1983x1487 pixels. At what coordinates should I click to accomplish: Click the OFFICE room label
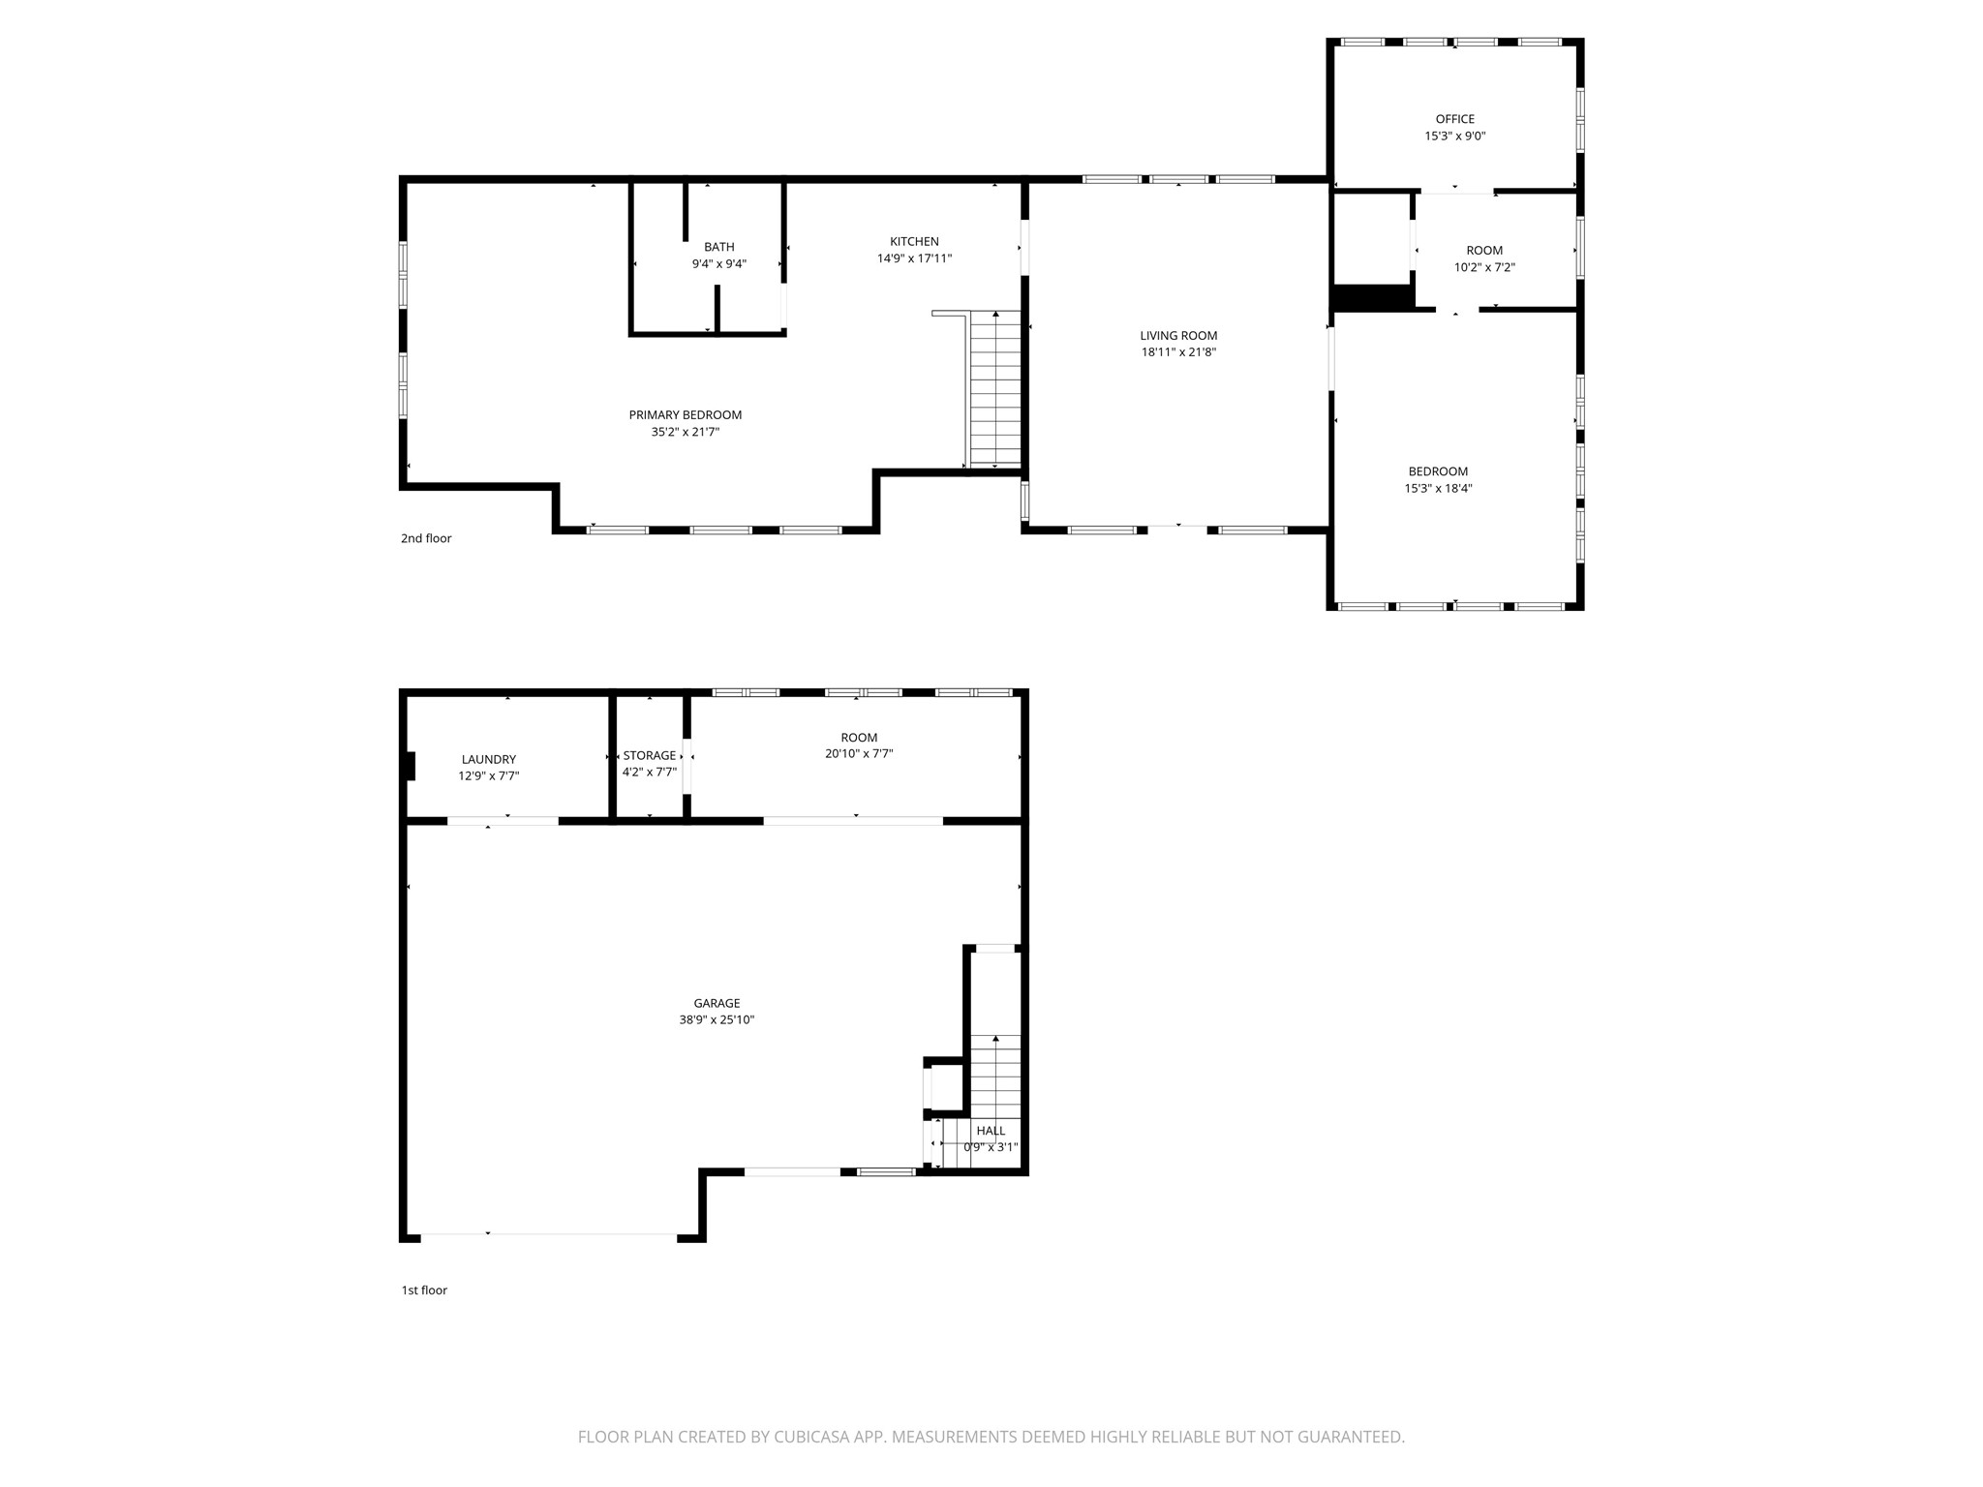(x=1455, y=119)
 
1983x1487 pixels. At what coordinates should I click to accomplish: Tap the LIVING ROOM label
(x=1178, y=336)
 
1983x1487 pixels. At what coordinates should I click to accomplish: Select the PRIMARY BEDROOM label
(x=686, y=415)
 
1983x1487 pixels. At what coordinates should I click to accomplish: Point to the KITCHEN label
(x=915, y=242)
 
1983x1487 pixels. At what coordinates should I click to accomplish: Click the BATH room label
(x=719, y=247)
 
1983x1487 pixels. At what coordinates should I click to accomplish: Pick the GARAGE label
(x=717, y=1004)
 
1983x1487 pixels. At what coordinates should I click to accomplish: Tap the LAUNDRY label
(x=489, y=760)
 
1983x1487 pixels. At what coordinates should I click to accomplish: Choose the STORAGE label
(x=650, y=756)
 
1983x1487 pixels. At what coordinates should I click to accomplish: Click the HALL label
(x=991, y=1131)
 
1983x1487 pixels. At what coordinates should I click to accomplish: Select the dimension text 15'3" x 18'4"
(x=1439, y=489)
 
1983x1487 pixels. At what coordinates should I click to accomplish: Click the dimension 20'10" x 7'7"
(x=852, y=753)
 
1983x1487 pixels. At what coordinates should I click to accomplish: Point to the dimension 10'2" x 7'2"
(x=1484, y=267)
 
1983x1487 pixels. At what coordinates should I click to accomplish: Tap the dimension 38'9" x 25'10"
(x=717, y=1020)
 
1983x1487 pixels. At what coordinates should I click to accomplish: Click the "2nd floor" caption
(x=426, y=538)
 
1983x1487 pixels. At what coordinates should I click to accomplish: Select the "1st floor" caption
(x=424, y=1290)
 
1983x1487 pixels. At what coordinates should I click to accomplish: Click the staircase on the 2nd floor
(x=995, y=391)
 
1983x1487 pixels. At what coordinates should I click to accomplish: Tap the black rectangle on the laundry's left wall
(x=411, y=766)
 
